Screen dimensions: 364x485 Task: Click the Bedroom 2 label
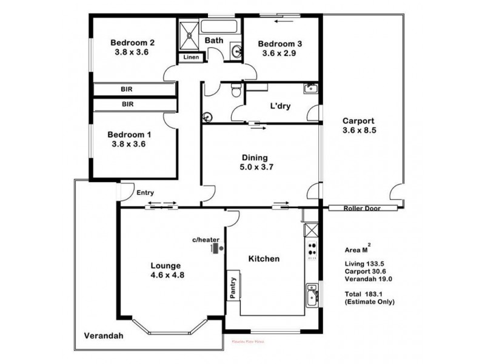point(132,42)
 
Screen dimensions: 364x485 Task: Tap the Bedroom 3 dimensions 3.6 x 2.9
point(280,53)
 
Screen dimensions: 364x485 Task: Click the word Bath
point(213,41)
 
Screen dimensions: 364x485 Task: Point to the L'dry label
point(280,106)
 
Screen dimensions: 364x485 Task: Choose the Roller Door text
point(361,207)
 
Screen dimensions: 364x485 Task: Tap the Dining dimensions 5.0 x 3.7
point(254,167)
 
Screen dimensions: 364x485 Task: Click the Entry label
point(145,193)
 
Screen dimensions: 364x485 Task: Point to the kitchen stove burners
point(312,249)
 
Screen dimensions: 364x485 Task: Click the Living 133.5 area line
point(365,263)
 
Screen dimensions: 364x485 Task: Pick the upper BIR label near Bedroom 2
point(127,89)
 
